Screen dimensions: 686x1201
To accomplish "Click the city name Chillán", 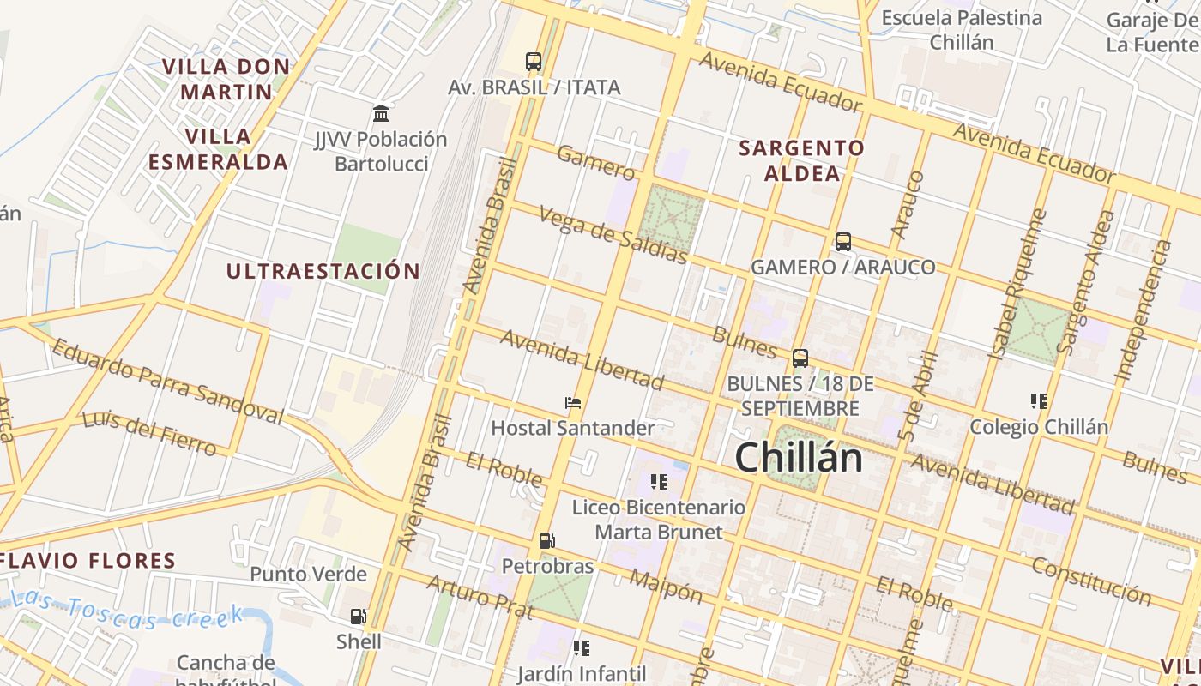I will pos(799,457).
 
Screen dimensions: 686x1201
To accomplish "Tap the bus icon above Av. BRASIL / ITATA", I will pos(534,62).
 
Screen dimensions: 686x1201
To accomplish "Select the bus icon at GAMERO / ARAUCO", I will pos(843,242).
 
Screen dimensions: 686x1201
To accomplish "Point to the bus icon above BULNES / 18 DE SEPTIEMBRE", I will pos(800,358).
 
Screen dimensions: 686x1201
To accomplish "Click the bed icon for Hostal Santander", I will pos(573,402).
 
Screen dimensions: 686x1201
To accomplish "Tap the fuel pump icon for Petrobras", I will pos(547,541).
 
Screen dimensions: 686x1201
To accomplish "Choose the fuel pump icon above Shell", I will pos(359,616).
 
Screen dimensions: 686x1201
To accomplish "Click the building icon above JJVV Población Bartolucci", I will pos(381,113).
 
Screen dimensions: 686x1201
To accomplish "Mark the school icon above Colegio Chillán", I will pos(1039,400).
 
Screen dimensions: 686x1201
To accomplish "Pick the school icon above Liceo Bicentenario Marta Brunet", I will pos(659,481).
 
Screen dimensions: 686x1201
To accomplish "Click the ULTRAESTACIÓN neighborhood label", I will pos(323,272).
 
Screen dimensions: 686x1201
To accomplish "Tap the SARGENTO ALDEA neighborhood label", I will pos(802,160).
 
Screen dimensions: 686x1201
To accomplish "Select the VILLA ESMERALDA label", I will pos(218,149).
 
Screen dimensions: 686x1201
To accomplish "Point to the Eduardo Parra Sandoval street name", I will pos(167,382).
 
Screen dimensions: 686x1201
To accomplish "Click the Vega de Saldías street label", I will pos(613,234).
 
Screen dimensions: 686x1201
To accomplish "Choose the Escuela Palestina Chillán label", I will pos(962,30).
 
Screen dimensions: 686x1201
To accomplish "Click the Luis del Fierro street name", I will pos(149,433).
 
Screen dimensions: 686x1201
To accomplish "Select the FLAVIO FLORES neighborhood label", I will pos(88,561).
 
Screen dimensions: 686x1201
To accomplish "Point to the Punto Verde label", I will pos(309,575).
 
